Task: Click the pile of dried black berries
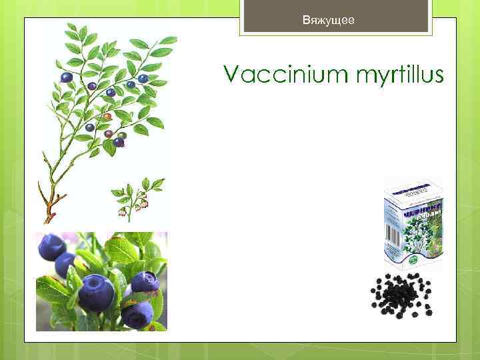pos(401,294)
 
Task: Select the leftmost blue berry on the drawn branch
pos(66,78)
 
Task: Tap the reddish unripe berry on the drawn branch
pos(107,117)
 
